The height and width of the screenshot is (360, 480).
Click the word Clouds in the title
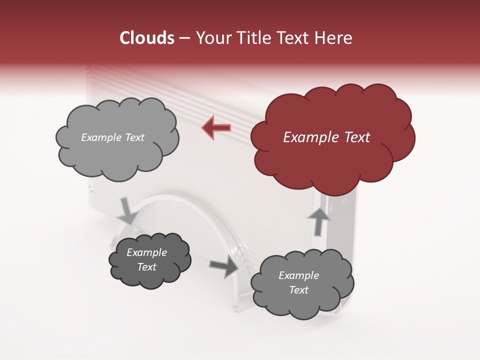(147, 38)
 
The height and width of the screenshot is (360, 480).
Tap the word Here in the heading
(334, 38)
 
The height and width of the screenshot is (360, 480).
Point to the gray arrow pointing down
(127, 210)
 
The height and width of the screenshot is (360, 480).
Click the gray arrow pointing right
(223, 267)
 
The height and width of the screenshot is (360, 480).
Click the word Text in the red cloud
(357, 137)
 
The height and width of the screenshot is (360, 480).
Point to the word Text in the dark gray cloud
(147, 267)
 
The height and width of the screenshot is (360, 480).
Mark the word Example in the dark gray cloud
(147, 252)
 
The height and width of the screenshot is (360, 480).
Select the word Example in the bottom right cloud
(299, 275)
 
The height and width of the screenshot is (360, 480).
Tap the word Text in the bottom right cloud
(299, 290)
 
